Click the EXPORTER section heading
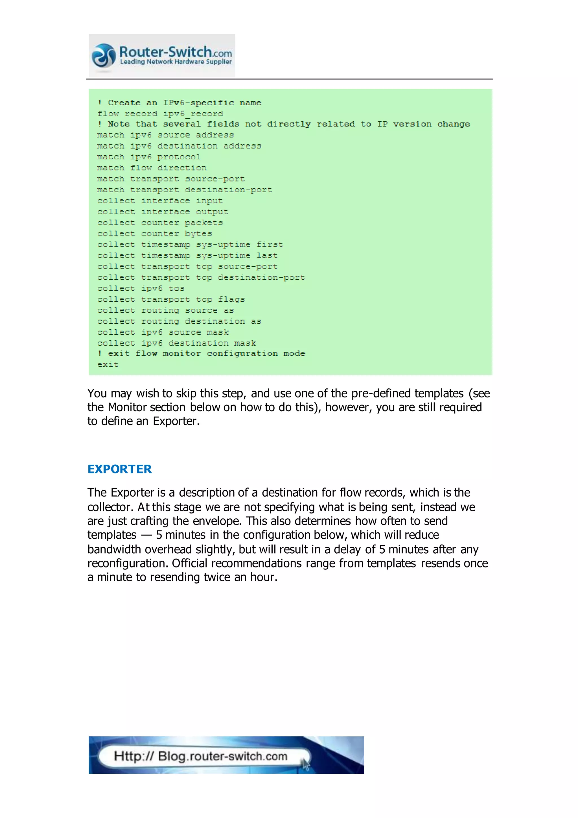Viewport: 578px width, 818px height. (120, 469)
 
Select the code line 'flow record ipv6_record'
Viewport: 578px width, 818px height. (160, 114)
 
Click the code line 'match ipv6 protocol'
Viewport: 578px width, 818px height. (149, 157)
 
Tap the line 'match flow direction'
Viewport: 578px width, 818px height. (152, 168)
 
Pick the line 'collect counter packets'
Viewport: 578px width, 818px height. (160, 223)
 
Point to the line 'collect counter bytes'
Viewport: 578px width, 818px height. (154, 234)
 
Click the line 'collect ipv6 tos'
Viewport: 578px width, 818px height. (141, 289)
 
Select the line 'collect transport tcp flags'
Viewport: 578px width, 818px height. (171, 300)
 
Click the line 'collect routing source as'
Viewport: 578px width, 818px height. (165, 311)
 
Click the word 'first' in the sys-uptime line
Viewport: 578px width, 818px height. (270, 245)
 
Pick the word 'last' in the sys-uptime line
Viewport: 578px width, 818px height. (267, 256)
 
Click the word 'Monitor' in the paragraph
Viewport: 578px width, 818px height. (127, 407)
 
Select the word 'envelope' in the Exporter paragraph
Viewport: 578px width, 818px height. (217, 521)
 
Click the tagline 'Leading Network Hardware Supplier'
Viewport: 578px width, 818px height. (176, 62)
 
